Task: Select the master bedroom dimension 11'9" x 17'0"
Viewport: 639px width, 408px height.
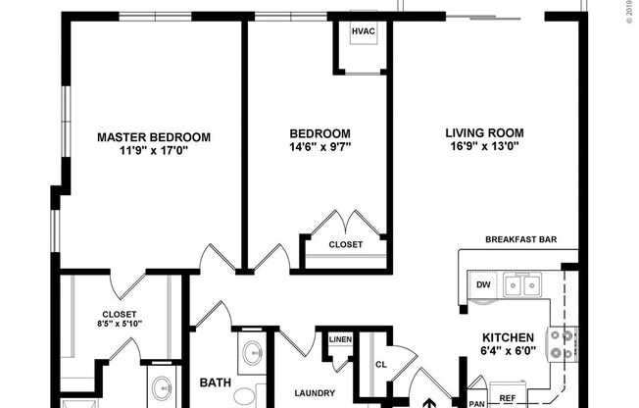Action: [x=153, y=151]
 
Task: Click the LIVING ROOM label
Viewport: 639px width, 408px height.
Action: [x=484, y=133]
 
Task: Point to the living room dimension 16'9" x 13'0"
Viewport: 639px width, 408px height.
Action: [x=484, y=147]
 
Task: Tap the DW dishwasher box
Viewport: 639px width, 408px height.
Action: [x=483, y=285]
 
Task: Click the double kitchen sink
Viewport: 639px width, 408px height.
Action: [x=520, y=285]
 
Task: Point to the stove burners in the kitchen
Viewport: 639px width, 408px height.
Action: [x=562, y=342]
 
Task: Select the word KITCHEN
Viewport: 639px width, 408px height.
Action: [x=507, y=334]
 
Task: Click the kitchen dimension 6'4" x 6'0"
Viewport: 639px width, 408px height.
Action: [x=507, y=349]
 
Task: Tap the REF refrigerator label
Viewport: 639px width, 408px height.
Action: [x=507, y=399]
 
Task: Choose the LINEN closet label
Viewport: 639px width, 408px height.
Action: [x=339, y=338]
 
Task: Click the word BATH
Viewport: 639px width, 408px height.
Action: [x=215, y=382]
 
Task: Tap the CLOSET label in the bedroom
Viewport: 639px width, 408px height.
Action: [x=345, y=244]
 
